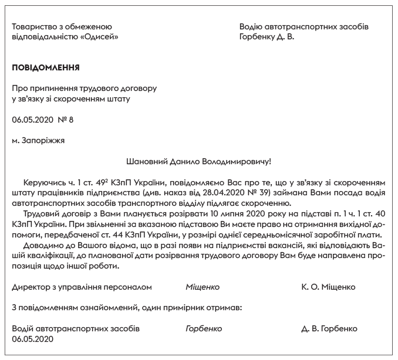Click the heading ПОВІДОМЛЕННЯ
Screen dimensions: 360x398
click(46, 67)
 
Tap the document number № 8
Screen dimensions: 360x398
click(63, 120)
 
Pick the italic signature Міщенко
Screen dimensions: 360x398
click(203, 287)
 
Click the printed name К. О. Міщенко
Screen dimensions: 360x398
click(328, 287)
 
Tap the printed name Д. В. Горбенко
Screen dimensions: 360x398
click(329, 328)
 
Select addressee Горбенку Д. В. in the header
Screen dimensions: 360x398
click(267, 37)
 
